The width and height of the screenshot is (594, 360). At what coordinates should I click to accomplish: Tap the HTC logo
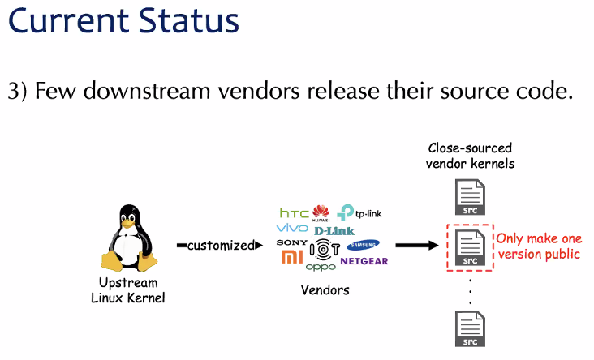click(294, 213)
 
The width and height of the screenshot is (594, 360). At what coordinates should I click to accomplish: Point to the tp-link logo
click(359, 213)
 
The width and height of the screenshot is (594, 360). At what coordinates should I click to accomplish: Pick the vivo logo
click(292, 229)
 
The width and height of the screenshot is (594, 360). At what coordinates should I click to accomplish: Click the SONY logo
click(291, 243)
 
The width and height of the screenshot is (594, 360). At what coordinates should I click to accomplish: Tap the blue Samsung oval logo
click(363, 246)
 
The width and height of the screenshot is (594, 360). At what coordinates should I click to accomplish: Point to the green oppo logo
click(321, 267)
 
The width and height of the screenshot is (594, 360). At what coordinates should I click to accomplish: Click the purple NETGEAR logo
click(364, 261)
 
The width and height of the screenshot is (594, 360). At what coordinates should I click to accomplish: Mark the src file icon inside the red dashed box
click(470, 248)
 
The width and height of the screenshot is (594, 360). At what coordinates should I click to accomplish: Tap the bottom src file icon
click(470, 329)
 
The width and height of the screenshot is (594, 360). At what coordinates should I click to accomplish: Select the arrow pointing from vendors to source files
click(416, 245)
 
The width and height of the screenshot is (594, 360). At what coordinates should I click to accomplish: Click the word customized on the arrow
click(220, 245)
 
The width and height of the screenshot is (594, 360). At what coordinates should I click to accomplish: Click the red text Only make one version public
click(538, 246)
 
